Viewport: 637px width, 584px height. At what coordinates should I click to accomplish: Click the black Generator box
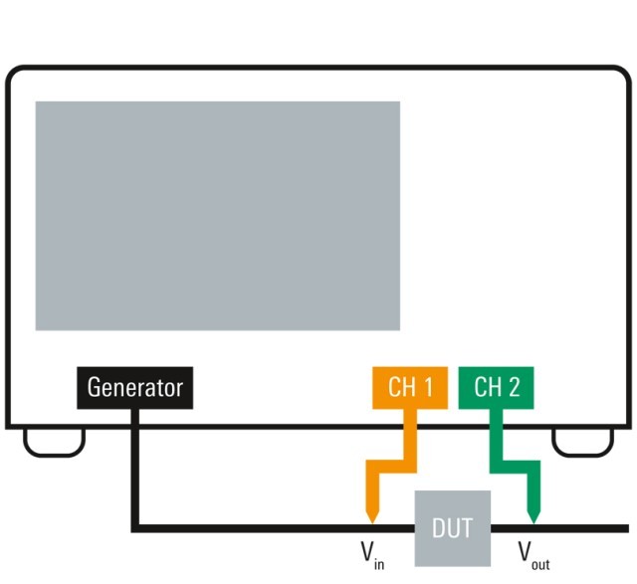tap(134, 387)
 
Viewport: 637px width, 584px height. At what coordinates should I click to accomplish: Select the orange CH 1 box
tap(410, 387)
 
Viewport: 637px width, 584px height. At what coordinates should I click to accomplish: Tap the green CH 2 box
tap(497, 387)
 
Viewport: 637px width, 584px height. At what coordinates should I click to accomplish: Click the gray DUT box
tap(452, 527)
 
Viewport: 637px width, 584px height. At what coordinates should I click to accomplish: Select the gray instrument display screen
tap(217, 215)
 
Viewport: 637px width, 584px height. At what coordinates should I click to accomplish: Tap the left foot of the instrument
tap(54, 442)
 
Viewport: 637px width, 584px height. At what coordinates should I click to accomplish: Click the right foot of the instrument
tap(582, 442)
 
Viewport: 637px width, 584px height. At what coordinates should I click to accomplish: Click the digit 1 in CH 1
tap(427, 387)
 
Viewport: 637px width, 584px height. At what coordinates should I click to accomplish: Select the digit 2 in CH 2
tap(514, 387)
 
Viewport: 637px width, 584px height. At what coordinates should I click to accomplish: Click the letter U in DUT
tap(452, 527)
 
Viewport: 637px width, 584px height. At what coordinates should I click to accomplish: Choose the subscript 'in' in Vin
tap(379, 562)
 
